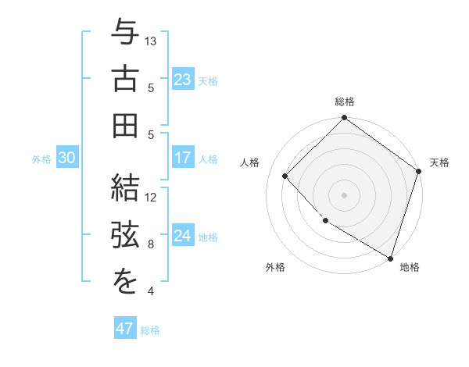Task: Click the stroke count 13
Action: point(152,41)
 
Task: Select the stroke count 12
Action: point(152,197)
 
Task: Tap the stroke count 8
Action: point(151,244)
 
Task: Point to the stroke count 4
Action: point(151,292)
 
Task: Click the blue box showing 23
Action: point(183,80)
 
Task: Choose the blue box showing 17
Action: point(183,158)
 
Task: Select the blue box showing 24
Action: point(183,236)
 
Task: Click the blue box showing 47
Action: point(125,329)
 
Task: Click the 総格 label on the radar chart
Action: point(345,102)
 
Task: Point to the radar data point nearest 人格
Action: point(285,176)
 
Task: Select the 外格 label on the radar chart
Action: point(275,267)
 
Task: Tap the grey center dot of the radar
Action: point(344,194)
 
